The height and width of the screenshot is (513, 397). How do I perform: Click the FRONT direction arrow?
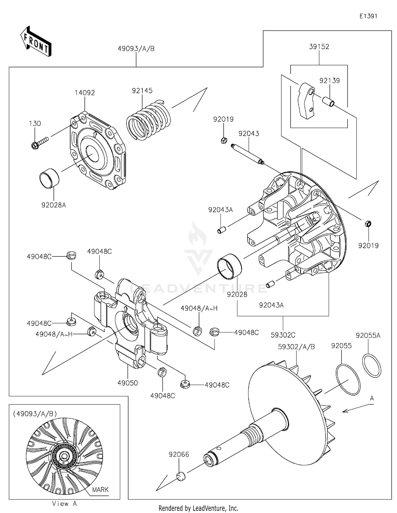(36, 42)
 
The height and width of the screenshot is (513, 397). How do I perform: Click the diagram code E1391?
(368, 16)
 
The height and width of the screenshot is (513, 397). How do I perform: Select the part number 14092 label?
(85, 93)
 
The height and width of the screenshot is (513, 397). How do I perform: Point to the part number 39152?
(319, 47)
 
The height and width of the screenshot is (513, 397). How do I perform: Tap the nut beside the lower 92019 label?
(368, 224)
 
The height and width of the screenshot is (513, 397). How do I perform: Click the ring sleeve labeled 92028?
(229, 267)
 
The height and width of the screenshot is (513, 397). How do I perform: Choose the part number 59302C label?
(283, 335)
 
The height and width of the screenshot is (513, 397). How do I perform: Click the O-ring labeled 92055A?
(371, 366)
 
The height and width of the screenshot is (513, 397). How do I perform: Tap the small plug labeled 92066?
(181, 476)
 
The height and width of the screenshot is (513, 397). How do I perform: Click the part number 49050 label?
(128, 383)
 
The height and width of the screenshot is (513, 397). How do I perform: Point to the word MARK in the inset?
(100, 490)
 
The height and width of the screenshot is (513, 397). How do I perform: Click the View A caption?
(64, 504)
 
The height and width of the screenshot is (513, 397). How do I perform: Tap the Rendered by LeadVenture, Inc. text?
(198, 508)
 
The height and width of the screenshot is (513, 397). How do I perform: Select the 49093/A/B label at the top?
(136, 49)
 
